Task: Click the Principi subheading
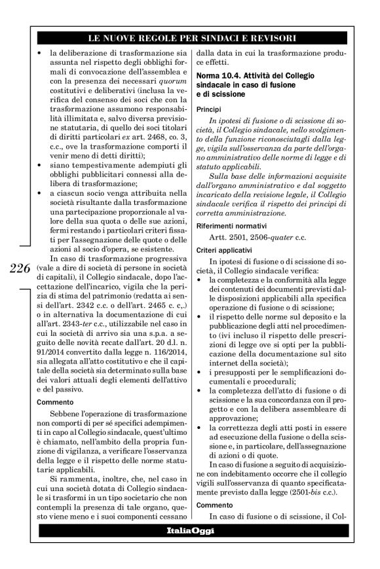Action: coord(209,109)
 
